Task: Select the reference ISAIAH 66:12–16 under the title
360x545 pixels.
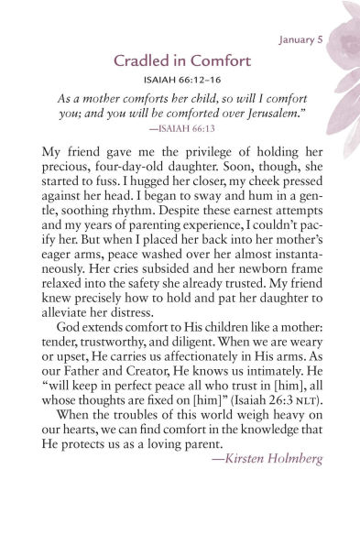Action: (180, 81)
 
